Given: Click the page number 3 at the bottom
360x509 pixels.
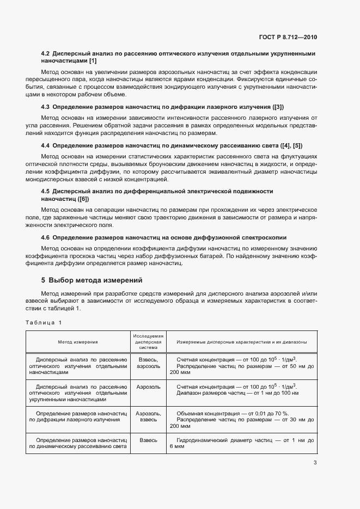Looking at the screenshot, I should click(315, 463).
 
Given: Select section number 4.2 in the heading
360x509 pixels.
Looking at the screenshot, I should click(46, 54).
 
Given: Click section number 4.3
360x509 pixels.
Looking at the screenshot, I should click(46, 107).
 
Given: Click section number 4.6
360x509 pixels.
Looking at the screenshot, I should click(46, 237).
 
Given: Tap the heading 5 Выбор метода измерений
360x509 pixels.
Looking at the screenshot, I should click(91, 281).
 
